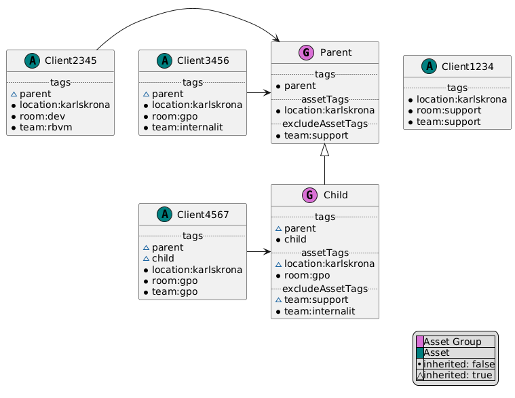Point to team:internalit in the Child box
pyautogui.click(x=324, y=310)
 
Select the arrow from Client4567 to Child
pyautogui.click(x=258, y=252)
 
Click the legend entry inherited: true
pyautogui.click(x=459, y=375)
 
